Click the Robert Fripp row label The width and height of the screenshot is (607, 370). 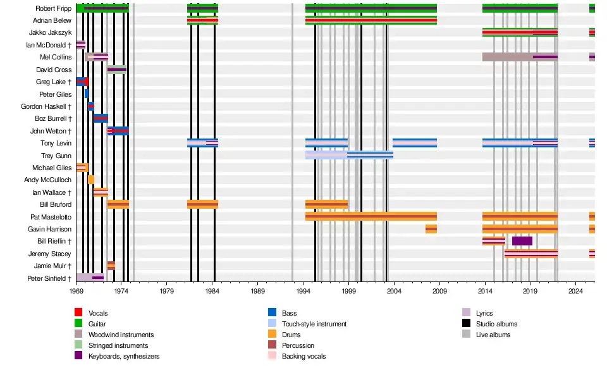pyautogui.click(x=53, y=9)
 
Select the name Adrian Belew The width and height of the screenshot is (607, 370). pyautogui.click(x=52, y=21)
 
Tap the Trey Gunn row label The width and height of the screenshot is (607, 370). pyautogui.click(x=56, y=156)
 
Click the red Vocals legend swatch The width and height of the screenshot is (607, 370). pyautogui.click(x=78, y=313)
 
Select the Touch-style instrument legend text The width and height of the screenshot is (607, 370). pyautogui.click(x=314, y=324)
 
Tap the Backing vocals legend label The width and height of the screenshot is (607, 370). pyautogui.click(x=303, y=356)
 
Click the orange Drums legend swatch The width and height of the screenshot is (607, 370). pyautogui.click(x=273, y=335)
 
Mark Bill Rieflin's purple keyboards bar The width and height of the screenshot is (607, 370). pyautogui.click(x=522, y=241)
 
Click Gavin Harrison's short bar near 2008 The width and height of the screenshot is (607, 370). pyautogui.click(x=431, y=229)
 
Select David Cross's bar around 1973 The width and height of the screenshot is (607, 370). pyautogui.click(x=116, y=70)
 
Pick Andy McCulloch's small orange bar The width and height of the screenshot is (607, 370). pyautogui.click(x=91, y=180)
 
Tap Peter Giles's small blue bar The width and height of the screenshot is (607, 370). pyautogui.click(x=87, y=94)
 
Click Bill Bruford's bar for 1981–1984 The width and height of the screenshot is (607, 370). pyautogui.click(x=202, y=204)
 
